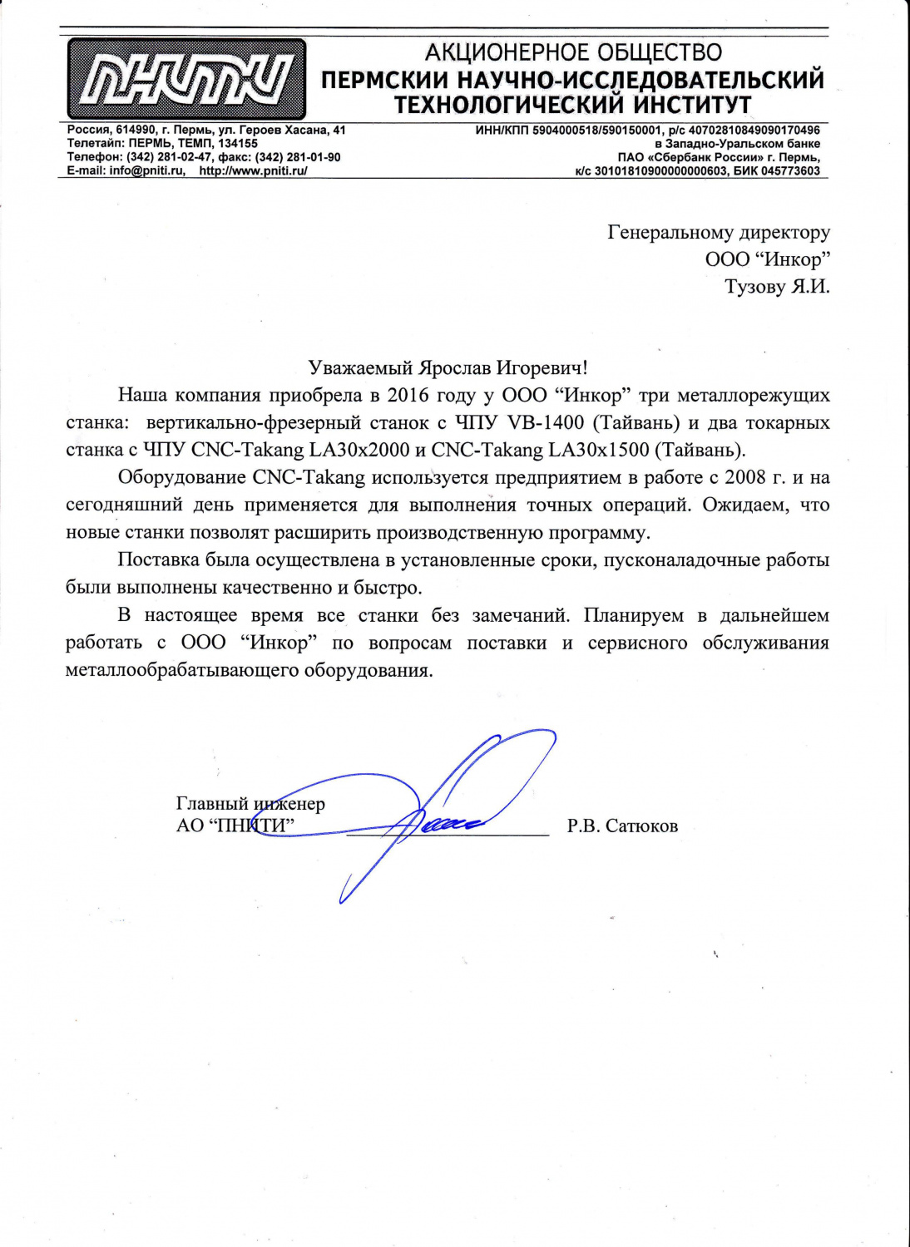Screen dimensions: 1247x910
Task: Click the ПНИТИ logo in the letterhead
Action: [186, 80]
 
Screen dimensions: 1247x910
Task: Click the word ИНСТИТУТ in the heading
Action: [692, 106]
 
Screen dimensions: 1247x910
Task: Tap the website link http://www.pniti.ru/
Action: [253, 170]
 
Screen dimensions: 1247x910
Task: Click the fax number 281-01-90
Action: [314, 157]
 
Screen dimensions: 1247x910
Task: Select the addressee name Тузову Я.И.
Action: [777, 287]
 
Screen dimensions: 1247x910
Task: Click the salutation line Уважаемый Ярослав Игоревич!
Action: [448, 367]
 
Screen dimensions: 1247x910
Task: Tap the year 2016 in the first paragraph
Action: [408, 395]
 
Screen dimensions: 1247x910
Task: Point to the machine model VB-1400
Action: [546, 422]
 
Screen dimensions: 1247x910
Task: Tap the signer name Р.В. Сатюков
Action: [622, 826]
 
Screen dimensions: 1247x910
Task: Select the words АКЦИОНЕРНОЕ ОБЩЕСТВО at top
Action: [573, 53]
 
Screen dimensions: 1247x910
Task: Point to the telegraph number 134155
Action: [238, 144]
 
